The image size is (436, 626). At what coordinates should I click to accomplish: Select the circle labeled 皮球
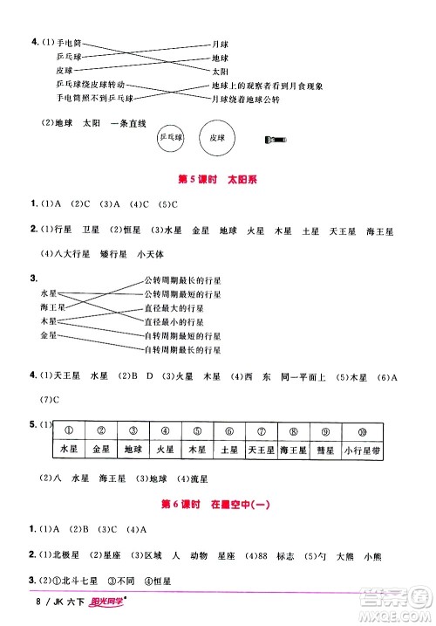pyautogui.click(x=213, y=138)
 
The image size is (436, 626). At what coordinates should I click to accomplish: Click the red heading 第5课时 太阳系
pyautogui.click(x=221, y=181)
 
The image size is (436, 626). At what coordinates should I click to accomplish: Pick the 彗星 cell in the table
pyautogui.click(x=336, y=450)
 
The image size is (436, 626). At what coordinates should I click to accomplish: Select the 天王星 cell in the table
pyautogui.click(x=261, y=450)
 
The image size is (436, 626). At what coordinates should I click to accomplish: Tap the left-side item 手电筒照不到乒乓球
pyautogui.click(x=91, y=98)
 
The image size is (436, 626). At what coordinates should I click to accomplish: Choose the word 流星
pyautogui.click(x=199, y=478)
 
